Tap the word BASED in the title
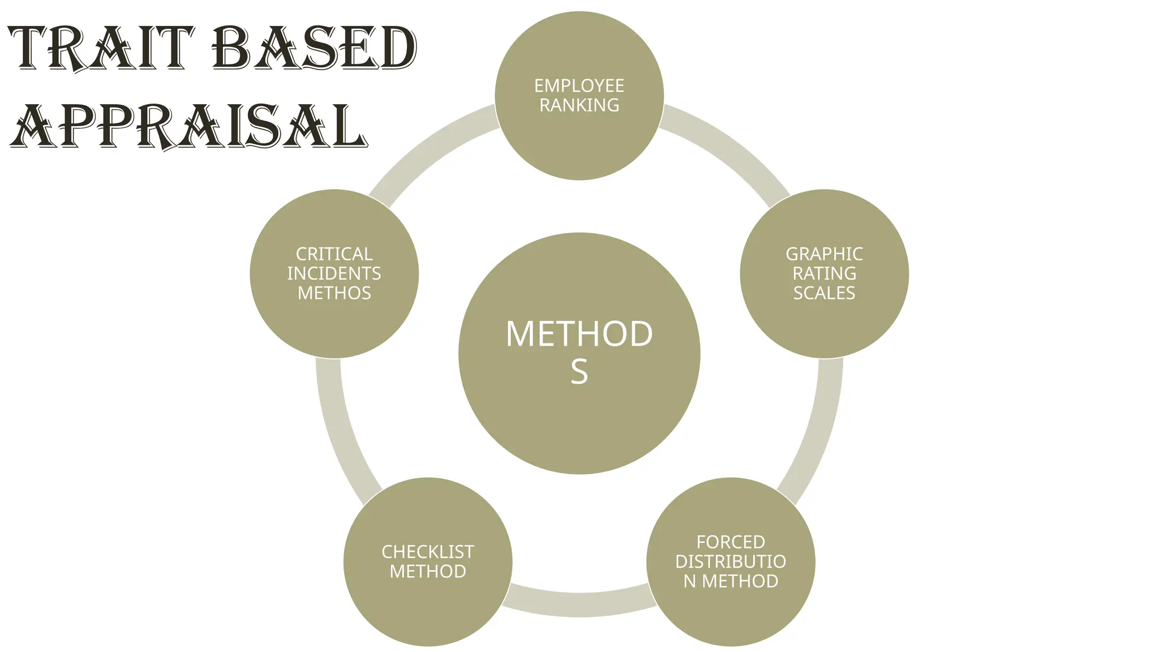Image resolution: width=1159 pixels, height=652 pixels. [315, 49]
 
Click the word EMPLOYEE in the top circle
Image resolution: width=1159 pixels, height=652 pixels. [579, 85]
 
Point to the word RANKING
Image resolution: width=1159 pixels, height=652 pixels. [579, 105]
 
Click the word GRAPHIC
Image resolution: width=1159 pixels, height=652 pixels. [824, 254]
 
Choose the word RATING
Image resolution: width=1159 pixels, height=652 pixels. [824, 274]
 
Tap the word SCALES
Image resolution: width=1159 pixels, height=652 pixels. [824, 293]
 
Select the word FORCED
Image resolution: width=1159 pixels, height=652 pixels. [731, 542]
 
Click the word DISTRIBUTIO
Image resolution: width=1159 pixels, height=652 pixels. [731, 561]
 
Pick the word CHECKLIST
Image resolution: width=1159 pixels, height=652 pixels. [428, 552]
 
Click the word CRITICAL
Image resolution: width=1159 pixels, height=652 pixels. [334, 254]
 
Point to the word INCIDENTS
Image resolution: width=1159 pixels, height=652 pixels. [334, 274]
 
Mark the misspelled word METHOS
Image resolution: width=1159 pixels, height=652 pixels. [334, 293]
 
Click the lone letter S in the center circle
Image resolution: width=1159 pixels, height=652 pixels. [579, 372]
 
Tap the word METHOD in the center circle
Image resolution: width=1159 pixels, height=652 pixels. [579, 334]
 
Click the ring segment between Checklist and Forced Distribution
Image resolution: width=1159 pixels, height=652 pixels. [579, 604]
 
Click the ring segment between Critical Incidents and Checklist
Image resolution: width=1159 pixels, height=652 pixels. [340, 430]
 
